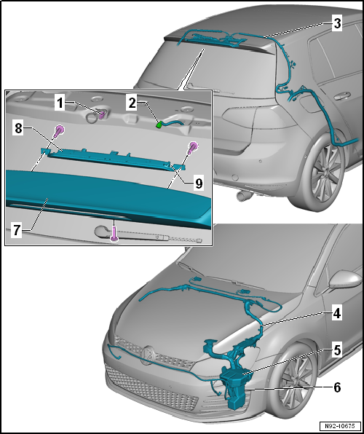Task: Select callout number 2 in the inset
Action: point(132,103)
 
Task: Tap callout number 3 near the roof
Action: point(337,23)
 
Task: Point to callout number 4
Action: point(336,314)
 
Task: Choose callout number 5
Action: point(337,351)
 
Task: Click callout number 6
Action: point(337,387)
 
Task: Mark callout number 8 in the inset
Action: point(18,128)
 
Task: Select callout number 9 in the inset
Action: point(199,183)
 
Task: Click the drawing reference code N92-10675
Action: point(341,425)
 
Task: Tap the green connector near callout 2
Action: point(159,125)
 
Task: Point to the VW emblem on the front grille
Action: point(148,355)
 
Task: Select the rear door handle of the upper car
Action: point(341,97)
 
